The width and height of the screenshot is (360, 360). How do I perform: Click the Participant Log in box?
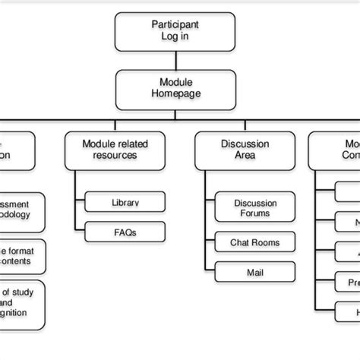(x=175, y=31)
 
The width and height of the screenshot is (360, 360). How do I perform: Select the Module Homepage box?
(x=175, y=88)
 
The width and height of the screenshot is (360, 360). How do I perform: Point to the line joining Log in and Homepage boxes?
(x=175, y=60)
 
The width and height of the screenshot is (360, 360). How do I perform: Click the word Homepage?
(x=175, y=95)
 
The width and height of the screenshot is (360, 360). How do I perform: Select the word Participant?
(x=175, y=24)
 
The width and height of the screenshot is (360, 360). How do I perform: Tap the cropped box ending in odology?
(x=21, y=210)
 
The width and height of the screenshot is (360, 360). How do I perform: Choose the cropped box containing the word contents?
(x=21, y=256)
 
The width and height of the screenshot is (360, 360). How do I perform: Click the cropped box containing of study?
(x=21, y=303)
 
